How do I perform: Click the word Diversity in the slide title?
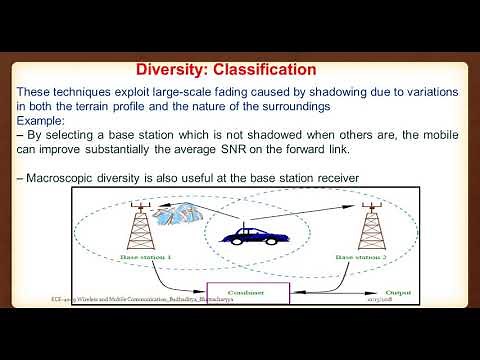pos(172,70)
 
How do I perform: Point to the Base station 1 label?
pos(149,257)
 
